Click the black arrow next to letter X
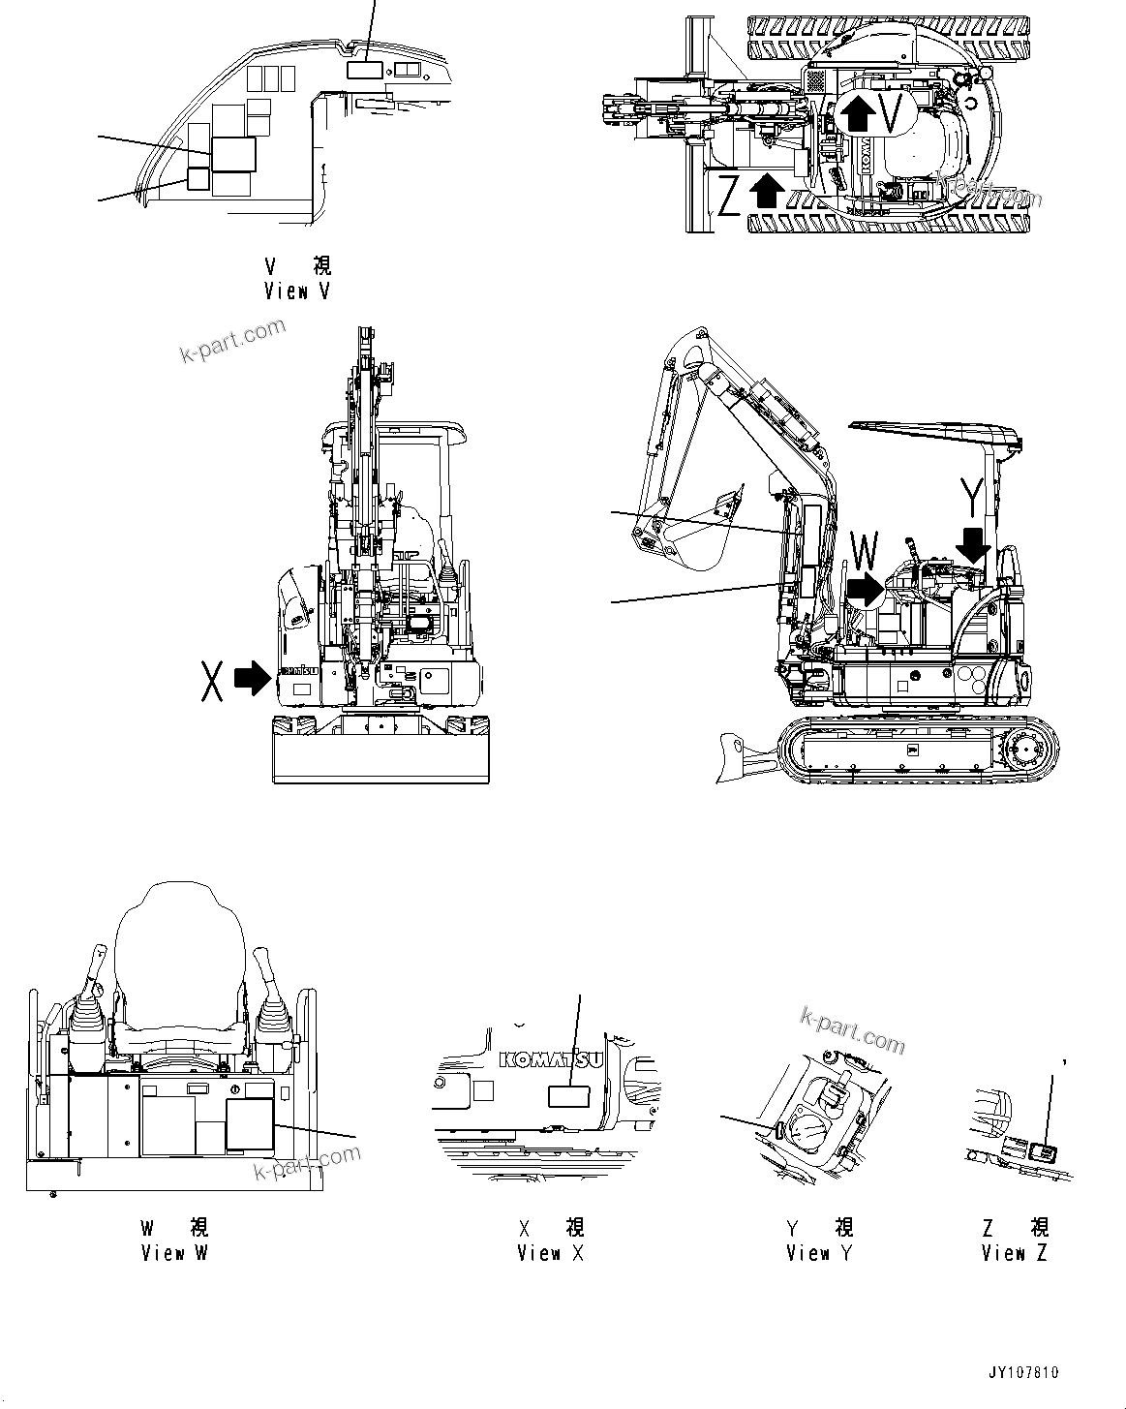point(254,678)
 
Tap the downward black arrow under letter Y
point(972,543)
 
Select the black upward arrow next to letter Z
point(767,190)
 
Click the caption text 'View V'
point(296,291)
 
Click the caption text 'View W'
point(174,1252)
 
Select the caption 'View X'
point(550,1252)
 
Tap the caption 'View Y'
point(819,1252)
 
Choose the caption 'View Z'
point(1014,1252)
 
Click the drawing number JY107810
point(1023,1373)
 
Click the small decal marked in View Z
point(1044,1151)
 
